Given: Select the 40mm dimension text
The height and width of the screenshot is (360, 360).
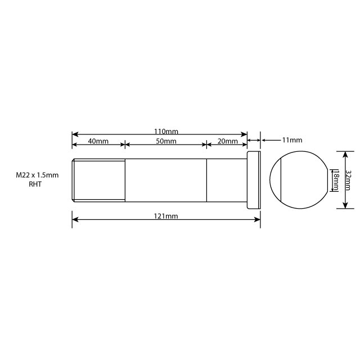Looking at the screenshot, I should [98, 141].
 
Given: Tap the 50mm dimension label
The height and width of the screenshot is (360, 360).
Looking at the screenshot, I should [166, 141].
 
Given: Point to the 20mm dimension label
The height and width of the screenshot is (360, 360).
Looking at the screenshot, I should [228, 141].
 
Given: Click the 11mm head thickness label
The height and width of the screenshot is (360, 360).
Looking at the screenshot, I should [291, 139].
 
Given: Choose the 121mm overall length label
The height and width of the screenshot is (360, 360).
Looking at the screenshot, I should [166, 216].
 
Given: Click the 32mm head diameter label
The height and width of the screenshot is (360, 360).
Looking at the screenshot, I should [348, 180].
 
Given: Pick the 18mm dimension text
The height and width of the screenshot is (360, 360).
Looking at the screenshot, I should [336, 180].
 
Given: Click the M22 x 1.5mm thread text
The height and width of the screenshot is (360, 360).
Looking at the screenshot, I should [37, 175].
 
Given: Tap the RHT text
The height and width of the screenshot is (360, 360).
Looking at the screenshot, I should [35, 184].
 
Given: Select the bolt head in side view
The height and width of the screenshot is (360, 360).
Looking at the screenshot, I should [254, 179].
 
